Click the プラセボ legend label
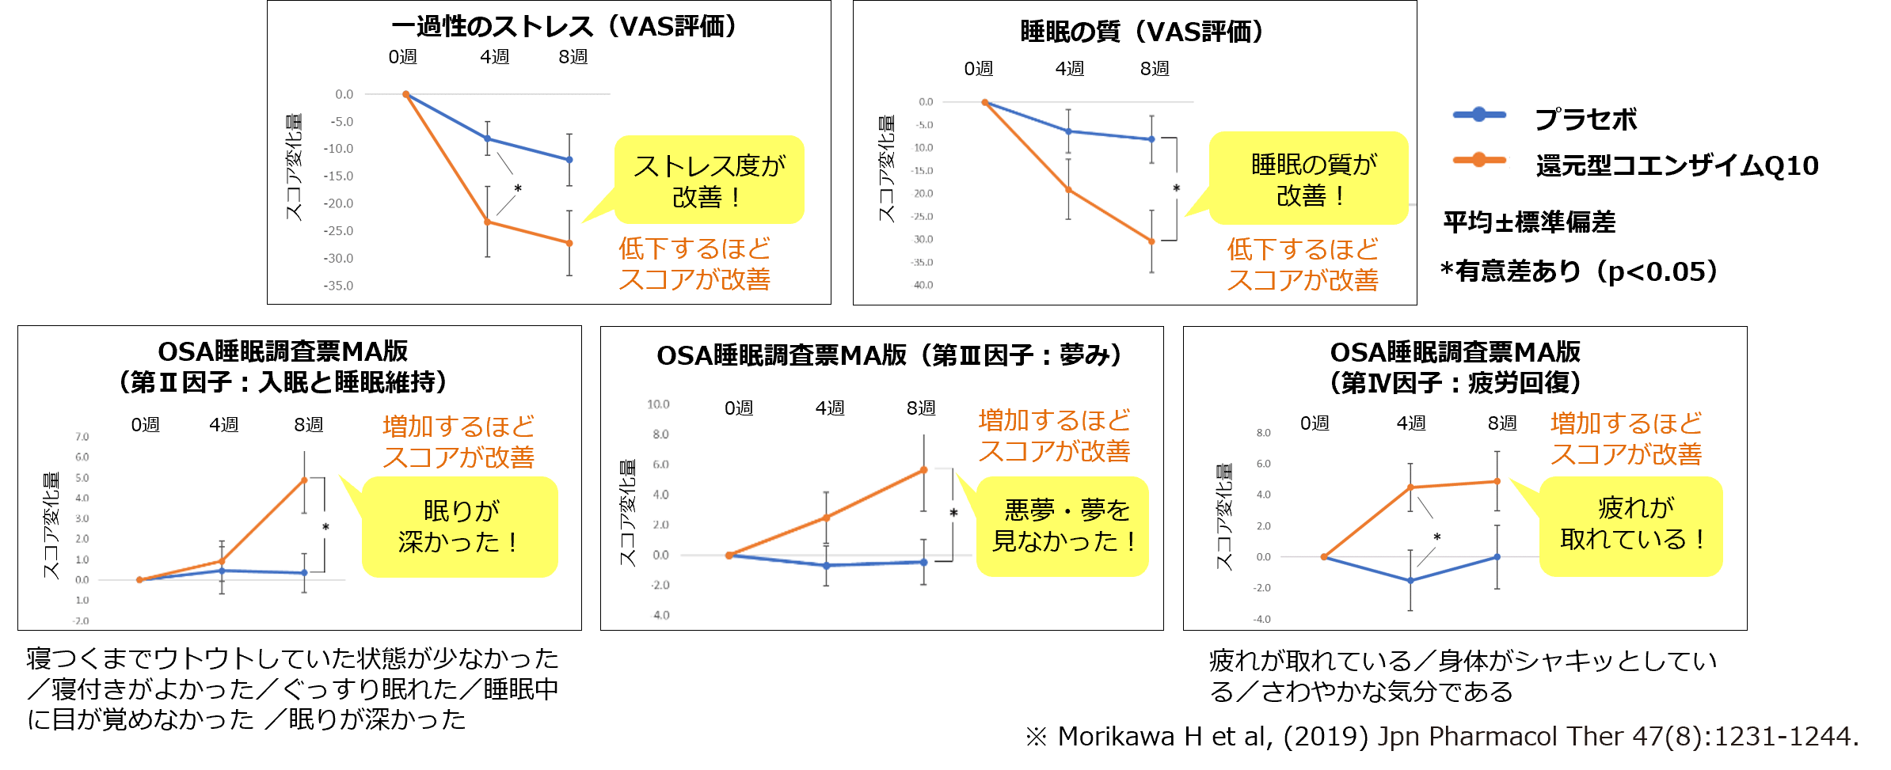tap(1585, 119)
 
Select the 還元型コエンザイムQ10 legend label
tap(1676, 166)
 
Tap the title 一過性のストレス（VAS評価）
tap(563, 27)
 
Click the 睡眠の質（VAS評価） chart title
tap(1141, 32)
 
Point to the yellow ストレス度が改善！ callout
tap(709, 180)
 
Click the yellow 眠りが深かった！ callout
tap(460, 526)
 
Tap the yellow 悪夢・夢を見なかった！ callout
tap(1063, 525)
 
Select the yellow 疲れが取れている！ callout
tap(1631, 524)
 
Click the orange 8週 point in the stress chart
tap(569, 243)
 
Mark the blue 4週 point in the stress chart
tap(488, 138)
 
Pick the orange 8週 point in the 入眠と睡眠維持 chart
tap(304, 480)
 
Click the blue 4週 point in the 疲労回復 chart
tap(1410, 581)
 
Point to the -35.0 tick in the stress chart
tap(338, 286)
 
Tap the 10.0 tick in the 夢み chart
tap(658, 404)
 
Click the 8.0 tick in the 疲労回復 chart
tap(1263, 433)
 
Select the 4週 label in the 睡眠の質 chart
tap(1069, 69)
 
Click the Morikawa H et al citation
tap(1441, 737)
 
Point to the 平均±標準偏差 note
tap(1529, 222)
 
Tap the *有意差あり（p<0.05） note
tap(1579, 271)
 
